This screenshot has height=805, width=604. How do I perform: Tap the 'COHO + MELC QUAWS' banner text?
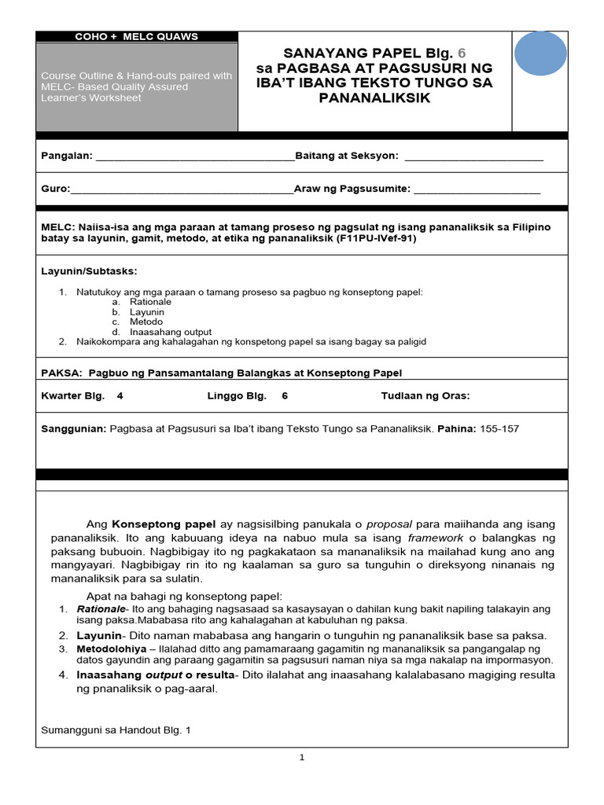point(136,36)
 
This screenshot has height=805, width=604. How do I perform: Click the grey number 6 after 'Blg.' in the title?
point(462,53)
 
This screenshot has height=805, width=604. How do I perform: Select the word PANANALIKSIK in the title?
point(374,97)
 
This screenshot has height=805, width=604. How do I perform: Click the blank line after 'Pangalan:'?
point(194,156)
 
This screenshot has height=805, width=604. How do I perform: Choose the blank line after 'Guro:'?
point(182,189)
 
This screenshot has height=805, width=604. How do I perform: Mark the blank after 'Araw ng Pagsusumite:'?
point(477,189)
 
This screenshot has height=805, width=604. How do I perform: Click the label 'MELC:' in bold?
point(57,227)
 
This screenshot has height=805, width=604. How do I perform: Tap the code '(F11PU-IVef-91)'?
point(376,238)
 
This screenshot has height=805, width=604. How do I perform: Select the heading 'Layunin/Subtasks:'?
point(89,271)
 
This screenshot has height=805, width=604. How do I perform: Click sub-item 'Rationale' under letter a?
point(151,302)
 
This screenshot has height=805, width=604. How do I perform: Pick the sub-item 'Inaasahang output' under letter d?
point(171,332)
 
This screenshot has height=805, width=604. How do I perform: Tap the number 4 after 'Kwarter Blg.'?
point(120,396)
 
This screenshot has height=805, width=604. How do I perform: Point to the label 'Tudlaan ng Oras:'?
point(425,396)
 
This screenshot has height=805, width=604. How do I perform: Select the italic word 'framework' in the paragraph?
point(435,539)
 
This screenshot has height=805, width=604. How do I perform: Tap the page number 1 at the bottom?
point(301,758)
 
